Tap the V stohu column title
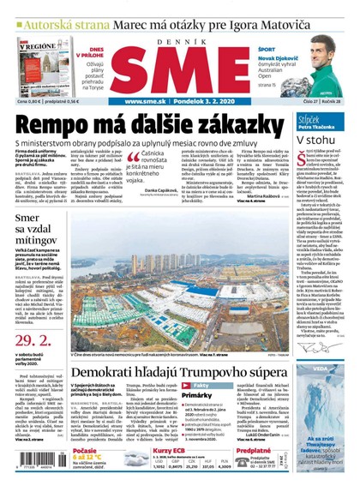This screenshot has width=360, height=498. (x=315, y=138)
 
